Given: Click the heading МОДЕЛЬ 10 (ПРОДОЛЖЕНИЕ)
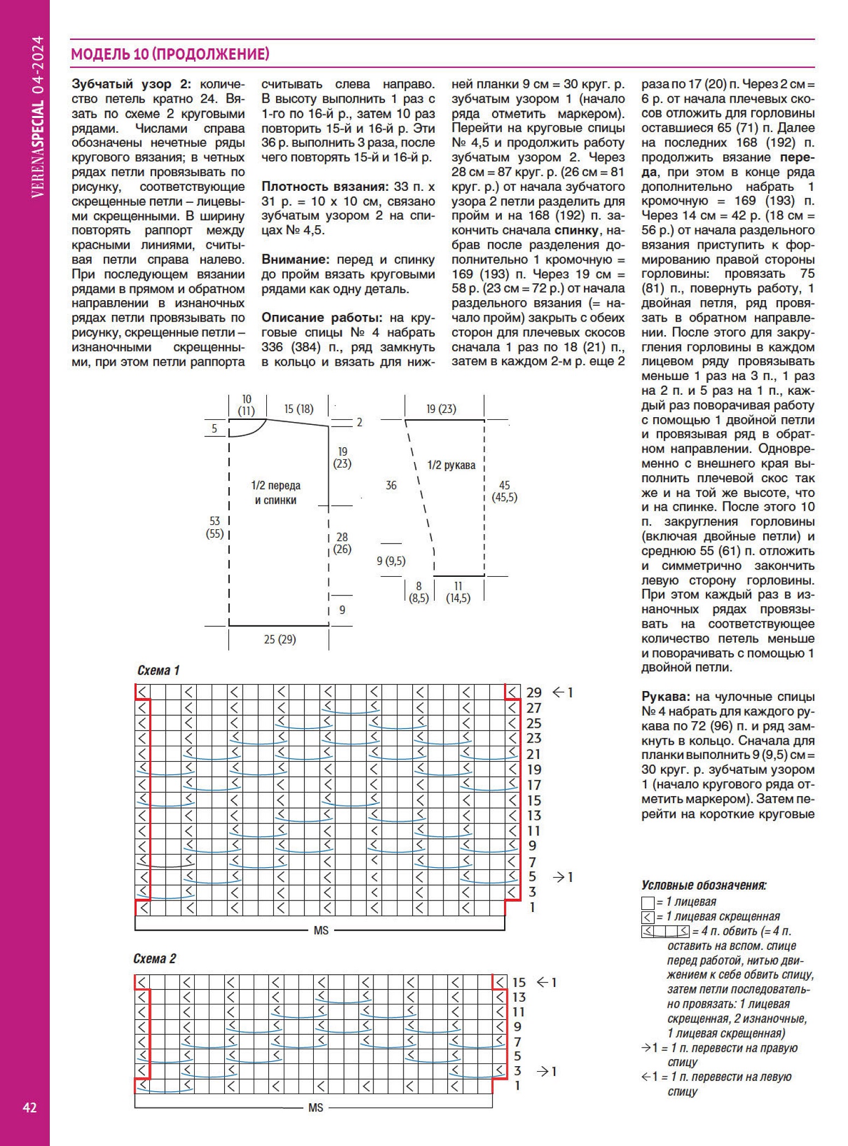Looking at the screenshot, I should pyautogui.click(x=170, y=54).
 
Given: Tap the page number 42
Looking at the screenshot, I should pyautogui.click(x=30, y=1108).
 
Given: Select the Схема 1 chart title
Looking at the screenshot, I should pyautogui.click(x=158, y=670).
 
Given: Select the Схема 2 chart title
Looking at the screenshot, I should pyautogui.click(x=155, y=958).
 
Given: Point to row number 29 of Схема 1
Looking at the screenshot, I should pyautogui.click(x=534, y=692).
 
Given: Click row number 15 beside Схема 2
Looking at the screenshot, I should pyautogui.click(x=518, y=982).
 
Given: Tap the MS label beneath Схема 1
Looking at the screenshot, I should pyautogui.click(x=321, y=930).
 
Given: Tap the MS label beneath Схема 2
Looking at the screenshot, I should pyautogui.click(x=315, y=1108).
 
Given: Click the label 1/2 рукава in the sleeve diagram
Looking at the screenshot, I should pyautogui.click(x=451, y=465).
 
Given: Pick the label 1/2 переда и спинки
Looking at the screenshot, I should pyautogui.click(x=276, y=493).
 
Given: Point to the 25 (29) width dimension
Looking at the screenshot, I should pyautogui.click(x=279, y=639).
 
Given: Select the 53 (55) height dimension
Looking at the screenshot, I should pyautogui.click(x=214, y=527).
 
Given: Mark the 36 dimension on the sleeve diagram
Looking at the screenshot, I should pyautogui.click(x=391, y=485).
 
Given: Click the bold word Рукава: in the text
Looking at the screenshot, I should pyautogui.click(x=664, y=697).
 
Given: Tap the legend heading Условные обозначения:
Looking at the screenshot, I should pyautogui.click(x=704, y=885).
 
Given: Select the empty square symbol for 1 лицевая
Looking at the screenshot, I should pyautogui.click(x=647, y=902).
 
